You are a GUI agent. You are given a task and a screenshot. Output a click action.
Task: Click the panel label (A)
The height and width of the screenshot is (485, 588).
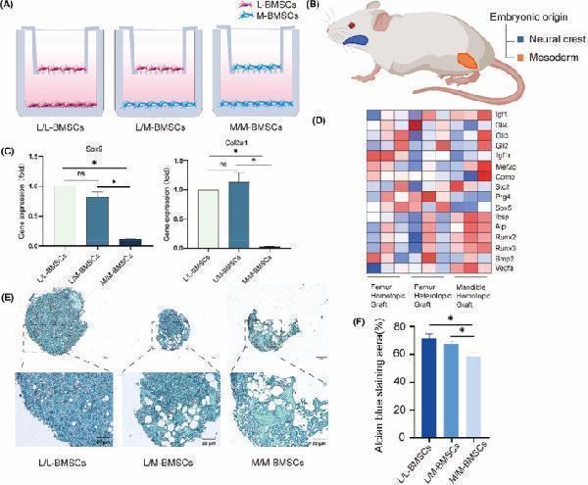point(13,8)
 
